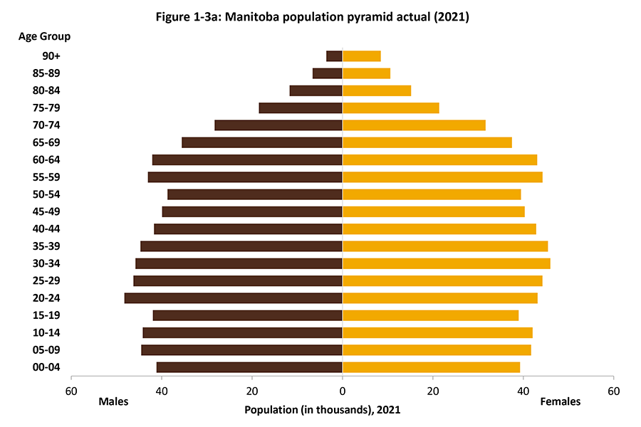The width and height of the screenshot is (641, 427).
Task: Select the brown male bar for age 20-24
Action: click(233, 298)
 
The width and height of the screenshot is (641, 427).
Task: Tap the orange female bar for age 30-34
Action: click(446, 263)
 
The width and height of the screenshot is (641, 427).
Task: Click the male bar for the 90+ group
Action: click(334, 56)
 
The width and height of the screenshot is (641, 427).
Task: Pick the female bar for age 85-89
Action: click(366, 73)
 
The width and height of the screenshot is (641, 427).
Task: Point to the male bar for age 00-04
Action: click(249, 367)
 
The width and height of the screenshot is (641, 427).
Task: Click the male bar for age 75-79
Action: click(301, 108)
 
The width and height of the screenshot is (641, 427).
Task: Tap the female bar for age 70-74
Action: click(414, 125)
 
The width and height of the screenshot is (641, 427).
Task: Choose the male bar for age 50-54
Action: click(255, 194)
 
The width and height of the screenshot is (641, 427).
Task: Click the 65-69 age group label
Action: click(51, 142)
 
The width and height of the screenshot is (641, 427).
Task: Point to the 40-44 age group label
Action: click(51, 229)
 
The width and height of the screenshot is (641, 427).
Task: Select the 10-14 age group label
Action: click(51, 333)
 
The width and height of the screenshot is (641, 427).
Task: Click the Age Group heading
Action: click(44, 36)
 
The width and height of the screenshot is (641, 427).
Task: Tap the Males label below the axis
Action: click(114, 402)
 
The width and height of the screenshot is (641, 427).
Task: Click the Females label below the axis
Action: click(561, 402)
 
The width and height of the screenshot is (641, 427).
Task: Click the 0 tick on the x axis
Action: click(343, 391)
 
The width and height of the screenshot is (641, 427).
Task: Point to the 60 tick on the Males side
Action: click(71, 391)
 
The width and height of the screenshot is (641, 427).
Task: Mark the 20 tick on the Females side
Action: click(432, 391)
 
